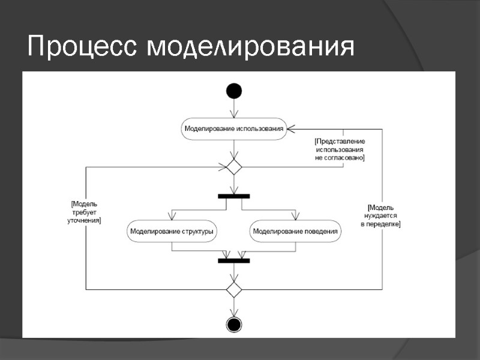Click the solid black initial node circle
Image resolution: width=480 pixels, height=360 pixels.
point(234,91)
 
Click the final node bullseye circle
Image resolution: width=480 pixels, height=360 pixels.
point(234,325)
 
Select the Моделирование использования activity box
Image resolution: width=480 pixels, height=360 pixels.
point(233,129)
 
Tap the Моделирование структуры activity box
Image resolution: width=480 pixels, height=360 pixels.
point(173,231)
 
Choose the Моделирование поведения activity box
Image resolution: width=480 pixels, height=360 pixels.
point(295,231)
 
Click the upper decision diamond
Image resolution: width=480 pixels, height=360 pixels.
point(234,167)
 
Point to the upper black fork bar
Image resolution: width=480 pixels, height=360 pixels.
point(234,196)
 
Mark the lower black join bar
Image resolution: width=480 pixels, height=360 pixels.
point(234,260)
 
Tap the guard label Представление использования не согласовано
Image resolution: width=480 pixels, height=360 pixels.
point(340,149)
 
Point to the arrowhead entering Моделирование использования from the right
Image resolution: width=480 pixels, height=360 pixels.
point(290,129)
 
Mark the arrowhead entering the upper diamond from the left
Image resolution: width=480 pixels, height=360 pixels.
point(223,167)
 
